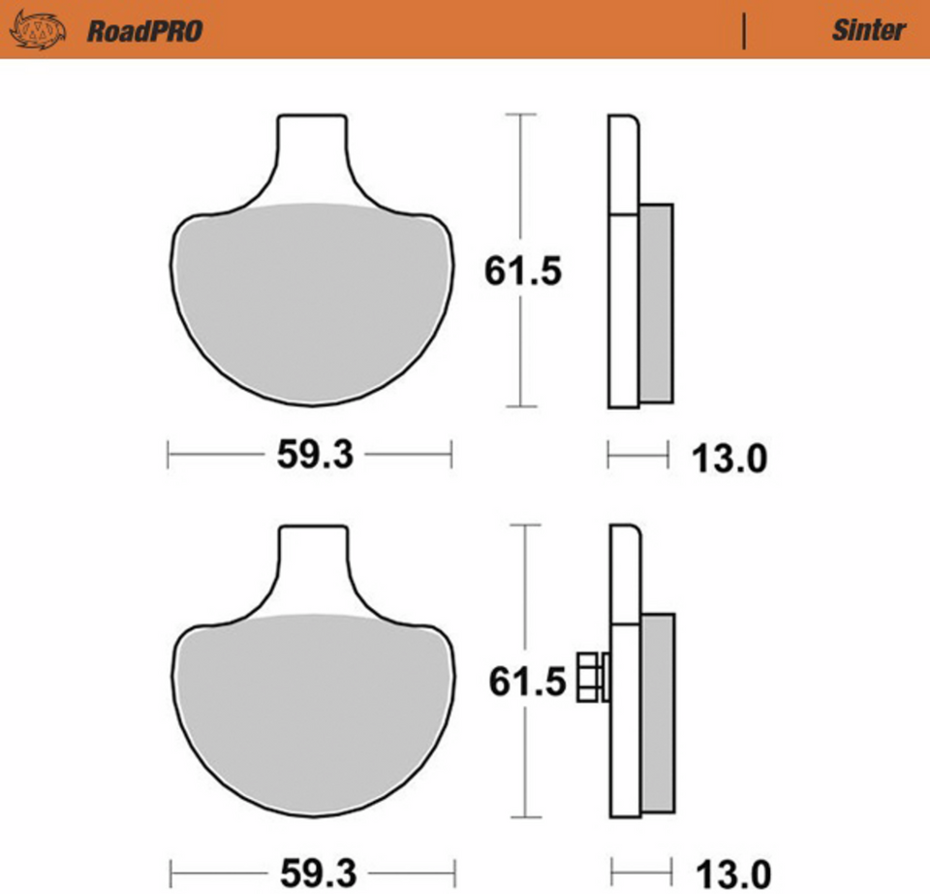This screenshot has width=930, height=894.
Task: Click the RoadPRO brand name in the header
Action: pyautogui.click(x=144, y=31)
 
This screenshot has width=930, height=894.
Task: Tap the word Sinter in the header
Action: pyautogui.click(x=868, y=30)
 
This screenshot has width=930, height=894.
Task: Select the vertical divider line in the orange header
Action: pyautogui.click(x=744, y=31)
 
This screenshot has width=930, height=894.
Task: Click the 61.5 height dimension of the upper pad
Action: pyautogui.click(x=523, y=272)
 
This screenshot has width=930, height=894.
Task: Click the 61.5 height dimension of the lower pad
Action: pyautogui.click(x=526, y=683)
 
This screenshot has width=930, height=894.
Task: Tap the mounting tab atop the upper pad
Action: pyautogui.click(x=311, y=145)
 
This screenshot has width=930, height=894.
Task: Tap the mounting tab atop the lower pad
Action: pyautogui.click(x=312, y=558)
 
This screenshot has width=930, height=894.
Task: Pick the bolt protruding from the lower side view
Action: pyautogui.click(x=590, y=676)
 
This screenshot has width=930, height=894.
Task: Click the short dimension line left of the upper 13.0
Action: pyautogui.click(x=637, y=453)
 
